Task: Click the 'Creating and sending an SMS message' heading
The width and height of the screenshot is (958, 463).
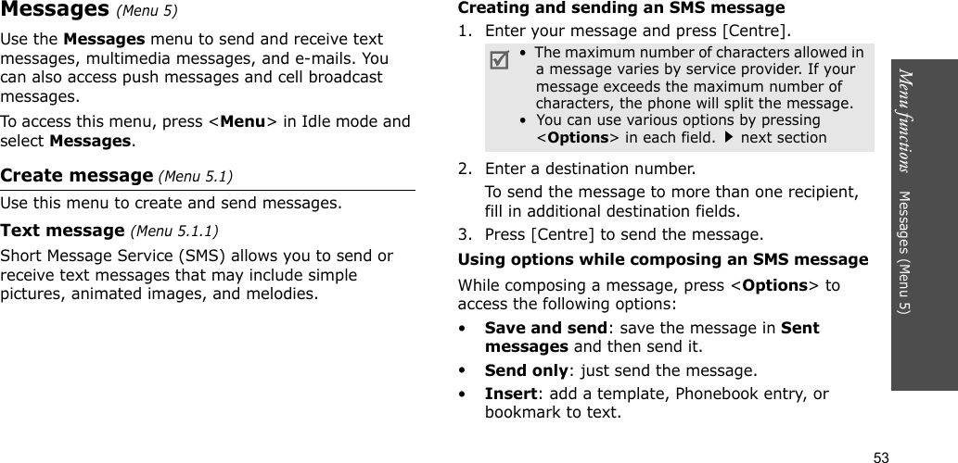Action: coord(621,8)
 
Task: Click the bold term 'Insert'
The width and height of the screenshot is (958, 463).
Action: coord(508,394)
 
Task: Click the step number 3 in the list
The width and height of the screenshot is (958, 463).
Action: coord(464,233)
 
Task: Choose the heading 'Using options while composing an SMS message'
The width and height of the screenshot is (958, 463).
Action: coord(663,259)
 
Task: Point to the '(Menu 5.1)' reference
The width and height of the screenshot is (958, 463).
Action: coord(201,176)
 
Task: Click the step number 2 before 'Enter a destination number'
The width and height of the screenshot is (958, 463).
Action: coord(464,169)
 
